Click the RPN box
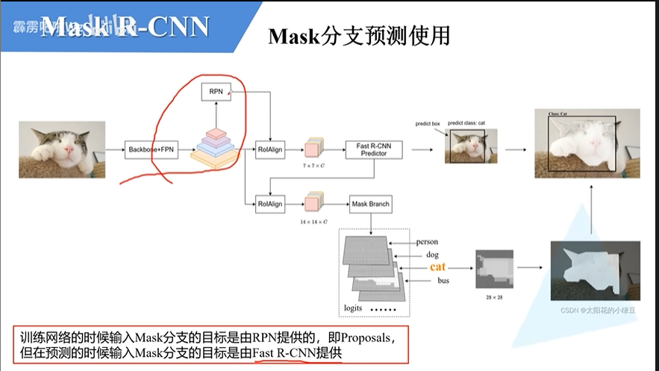coord(216,93)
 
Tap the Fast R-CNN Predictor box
coord(374,149)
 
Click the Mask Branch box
coord(369,203)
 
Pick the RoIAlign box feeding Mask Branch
coord(270,203)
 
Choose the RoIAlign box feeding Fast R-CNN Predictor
coord(270,149)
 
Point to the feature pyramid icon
coord(214,146)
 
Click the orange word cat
coord(437,266)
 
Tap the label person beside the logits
coord(427,242)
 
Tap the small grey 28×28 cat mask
coord(495,269)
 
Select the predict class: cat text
coord(466,122)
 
